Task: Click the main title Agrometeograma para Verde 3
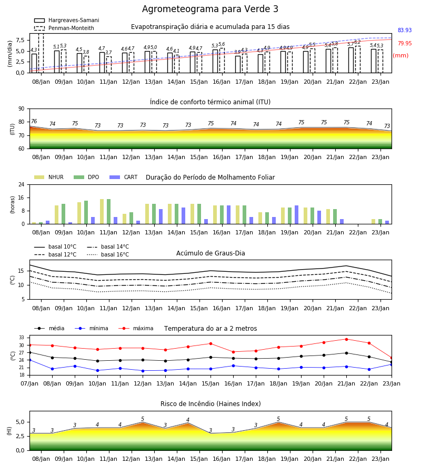[x=210, y=9]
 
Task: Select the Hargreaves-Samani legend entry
[x=66, y=20]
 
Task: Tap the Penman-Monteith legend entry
[x=64, y=28]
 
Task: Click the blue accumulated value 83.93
[x=405, y=30]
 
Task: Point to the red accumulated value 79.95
[x=405, y=43]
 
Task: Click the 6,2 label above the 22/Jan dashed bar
[x=357, y=42]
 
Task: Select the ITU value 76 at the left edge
[x=34, y=121]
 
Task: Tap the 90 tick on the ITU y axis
[x=22, y=109]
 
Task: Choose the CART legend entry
[x=124, y=177]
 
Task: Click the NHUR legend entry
[x=49, y=177]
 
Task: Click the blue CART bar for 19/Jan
[x=297, y=215]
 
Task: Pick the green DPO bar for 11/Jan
[x=109, y=212]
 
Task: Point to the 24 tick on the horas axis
[x=22, y=184]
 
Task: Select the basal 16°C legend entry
[x=108, y=254]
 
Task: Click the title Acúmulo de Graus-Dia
[x=210, y=253]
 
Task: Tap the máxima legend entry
[x=136, y=328]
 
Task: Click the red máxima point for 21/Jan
[x=346, y=339]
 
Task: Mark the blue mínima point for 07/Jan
[x=30, y=360]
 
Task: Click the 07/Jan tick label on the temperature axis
[x=29, y=383]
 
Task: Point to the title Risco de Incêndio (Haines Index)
[x=210, y=404]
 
